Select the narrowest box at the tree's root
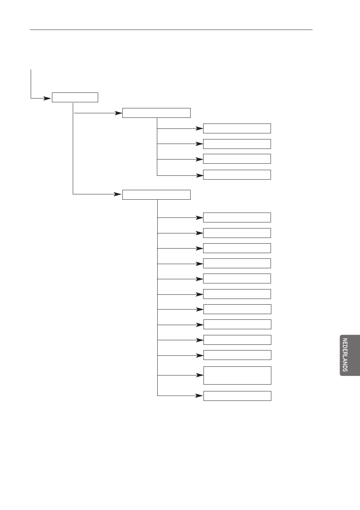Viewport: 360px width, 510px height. pyautogui.click(x=75, y=97)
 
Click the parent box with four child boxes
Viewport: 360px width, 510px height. pyautogui.click(x=156, y=113)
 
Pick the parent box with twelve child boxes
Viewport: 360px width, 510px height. pyautogui.click(x=156, y=195)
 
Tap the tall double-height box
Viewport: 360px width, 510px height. pyautogui.click(x=237, y=375)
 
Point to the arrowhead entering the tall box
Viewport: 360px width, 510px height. pyautogui.click(x=199, y=375)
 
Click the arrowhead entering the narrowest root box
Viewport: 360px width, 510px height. pyautogui.click(x=48, y=98)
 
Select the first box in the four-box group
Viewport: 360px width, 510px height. pyautogui.click(x=237, y=128)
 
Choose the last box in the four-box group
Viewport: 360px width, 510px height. pyautogui.click(x=237, y=175)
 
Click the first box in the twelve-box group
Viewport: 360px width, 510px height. pyautogui.click(x=237, y=217)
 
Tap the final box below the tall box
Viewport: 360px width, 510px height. pyautogui.click(x=237, y=396)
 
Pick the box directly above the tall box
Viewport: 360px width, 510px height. pyautogui.click(x=237, y=355)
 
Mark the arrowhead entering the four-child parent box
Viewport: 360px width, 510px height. pyautogui.click(x=118, y=113)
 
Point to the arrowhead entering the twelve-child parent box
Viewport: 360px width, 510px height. pyautogui.click(x=118, y=195)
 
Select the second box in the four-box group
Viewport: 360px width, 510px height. pyautogui.click(x=237, y=144)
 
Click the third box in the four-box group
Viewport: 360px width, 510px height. pyautogui.click(x=237, y=159)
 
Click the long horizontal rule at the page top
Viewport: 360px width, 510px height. pyautogui.click(x=171, y=30)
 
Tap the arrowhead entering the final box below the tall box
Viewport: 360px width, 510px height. pyautogui.click(x=199, y=396)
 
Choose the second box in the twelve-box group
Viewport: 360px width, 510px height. pyautogui.click(x=237, y=233)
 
